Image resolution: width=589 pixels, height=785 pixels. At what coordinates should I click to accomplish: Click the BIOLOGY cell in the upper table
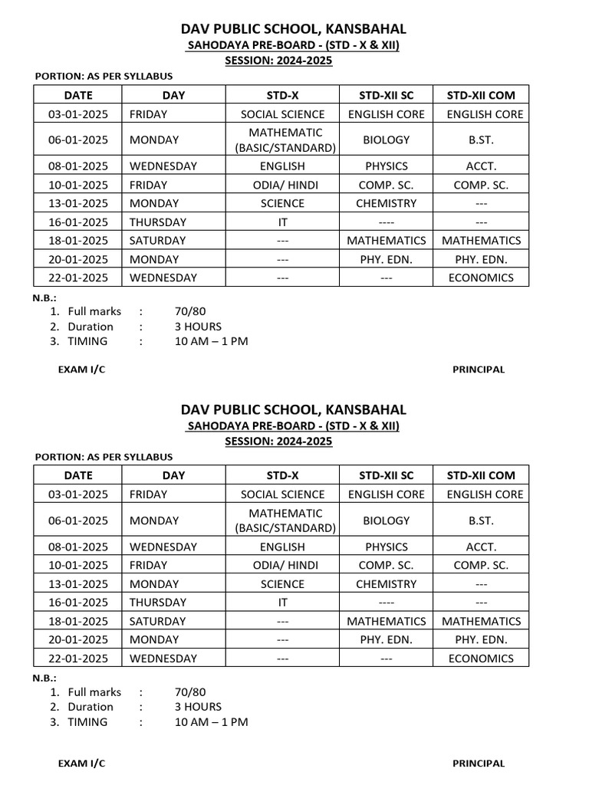coord(386,140)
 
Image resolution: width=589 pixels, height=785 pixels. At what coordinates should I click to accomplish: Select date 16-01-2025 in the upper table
coord(78,222)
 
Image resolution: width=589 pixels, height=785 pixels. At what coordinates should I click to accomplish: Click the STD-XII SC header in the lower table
coord(386,475)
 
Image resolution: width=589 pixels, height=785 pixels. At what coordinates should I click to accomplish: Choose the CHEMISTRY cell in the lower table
coord(386,583)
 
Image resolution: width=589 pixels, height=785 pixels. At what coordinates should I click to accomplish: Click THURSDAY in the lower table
coord(158,602)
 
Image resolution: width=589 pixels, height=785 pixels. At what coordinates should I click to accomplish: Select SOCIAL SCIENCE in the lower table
coord(282,494)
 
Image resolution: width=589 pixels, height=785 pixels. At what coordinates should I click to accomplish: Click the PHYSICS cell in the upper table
coord(386,166)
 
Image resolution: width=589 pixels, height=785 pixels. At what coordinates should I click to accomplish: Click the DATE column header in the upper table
coord(78,95)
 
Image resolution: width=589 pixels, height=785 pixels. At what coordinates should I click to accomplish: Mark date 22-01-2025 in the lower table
coord(78,658)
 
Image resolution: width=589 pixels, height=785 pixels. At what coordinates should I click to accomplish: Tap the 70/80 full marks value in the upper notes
coord(190,311)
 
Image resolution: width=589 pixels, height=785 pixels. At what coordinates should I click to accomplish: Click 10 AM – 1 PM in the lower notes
coord(211,721)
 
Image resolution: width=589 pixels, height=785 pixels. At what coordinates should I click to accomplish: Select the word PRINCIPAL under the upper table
coord(479,370)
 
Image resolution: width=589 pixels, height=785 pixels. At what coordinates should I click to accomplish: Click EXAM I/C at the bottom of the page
coord(81,763)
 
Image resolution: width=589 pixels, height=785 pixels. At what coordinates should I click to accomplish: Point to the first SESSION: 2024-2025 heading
coord(278,61)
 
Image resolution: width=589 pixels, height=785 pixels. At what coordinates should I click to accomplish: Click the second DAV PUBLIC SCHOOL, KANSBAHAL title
coord(294,409)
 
